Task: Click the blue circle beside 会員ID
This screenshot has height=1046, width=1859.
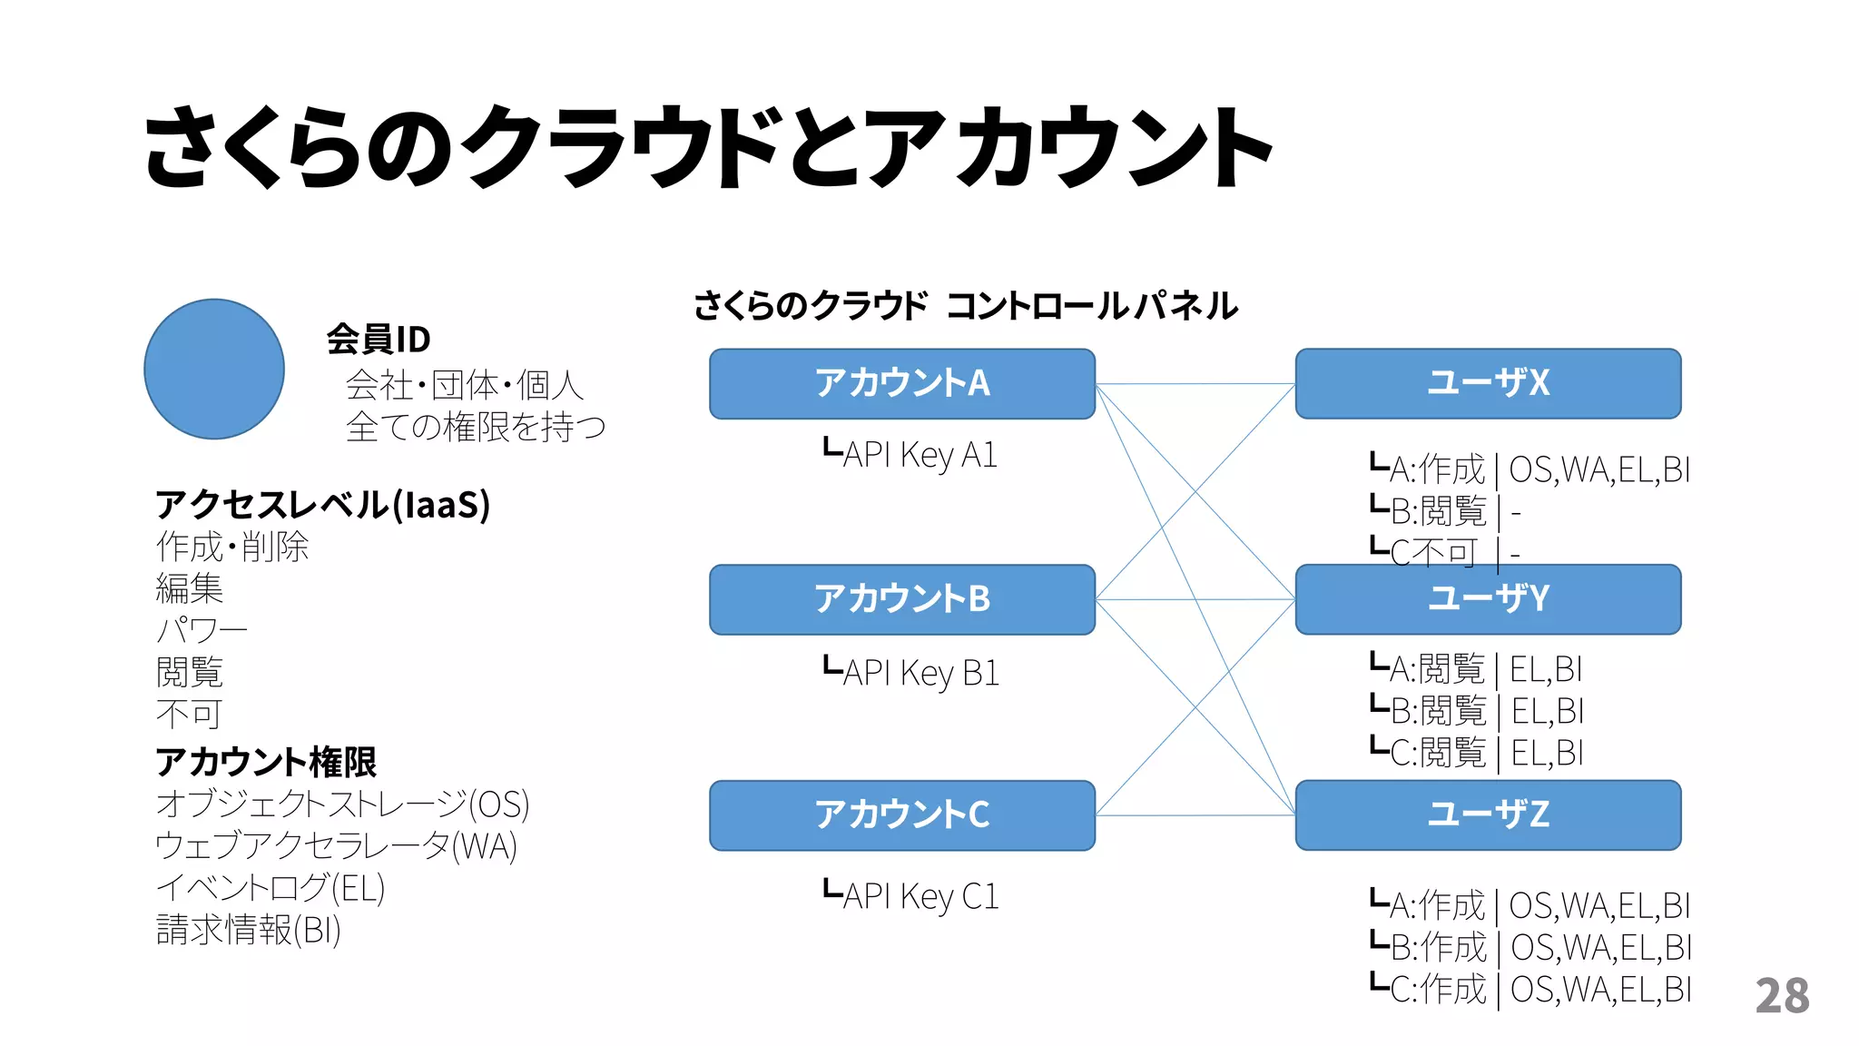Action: click(x=214, y=369)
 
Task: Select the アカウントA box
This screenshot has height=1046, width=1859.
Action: click(x=901, y=383)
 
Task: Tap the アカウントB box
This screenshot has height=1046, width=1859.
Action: click(x=901, y=599)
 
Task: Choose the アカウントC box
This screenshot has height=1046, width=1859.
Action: click(x=901, y=814)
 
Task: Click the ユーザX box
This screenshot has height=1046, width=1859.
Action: click(x=1487, y=383)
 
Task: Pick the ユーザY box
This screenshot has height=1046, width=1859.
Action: click(x=1487, y=599)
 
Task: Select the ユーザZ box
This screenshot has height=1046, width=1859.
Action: click(x=1487, y=814)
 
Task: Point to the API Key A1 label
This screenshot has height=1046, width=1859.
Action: click(x=910, y=454)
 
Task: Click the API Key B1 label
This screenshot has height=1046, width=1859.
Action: click(x=911, y=673)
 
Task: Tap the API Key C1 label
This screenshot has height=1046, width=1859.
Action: click(x=911, y=896)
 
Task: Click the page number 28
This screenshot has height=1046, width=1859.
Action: click(x=1782, y=996)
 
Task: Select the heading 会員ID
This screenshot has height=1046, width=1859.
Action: click(x=379, y=340)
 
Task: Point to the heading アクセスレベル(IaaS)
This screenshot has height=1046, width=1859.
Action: click(x=322, y=505)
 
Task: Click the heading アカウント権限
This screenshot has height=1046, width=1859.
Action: click(x=265, y=762)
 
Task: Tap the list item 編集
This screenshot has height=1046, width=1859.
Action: click(x=189, y=588)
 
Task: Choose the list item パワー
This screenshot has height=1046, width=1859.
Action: click(x=201, y=630)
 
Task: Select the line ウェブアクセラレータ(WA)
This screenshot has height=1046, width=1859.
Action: click(x=336, y=846)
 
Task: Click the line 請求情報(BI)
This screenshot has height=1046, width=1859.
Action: click(x=248, y=930)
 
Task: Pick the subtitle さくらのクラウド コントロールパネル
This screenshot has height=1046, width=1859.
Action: click(x=965, y=306)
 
